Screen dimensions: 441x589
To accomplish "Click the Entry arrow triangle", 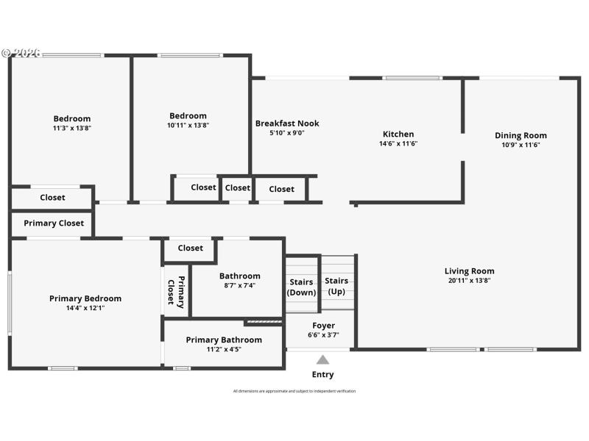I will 322,359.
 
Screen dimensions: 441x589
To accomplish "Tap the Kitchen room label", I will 398,135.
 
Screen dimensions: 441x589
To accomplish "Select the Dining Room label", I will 521,135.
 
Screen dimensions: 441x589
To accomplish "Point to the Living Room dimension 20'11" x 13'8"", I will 469,280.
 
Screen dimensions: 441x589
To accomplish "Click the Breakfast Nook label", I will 287,123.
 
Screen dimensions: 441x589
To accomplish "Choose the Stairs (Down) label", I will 301,287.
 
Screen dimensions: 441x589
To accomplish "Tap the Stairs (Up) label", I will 336,286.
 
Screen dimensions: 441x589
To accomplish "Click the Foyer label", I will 323,326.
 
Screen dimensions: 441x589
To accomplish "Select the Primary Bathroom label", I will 224,340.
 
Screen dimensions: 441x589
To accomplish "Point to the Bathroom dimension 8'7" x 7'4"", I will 239,286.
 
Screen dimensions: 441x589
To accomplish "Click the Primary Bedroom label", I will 85,298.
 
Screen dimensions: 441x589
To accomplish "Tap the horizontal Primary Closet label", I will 54,223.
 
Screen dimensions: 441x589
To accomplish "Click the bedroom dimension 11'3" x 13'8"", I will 72,128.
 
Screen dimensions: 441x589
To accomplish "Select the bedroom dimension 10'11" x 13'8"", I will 188,125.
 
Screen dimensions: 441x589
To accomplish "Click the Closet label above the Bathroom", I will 190,248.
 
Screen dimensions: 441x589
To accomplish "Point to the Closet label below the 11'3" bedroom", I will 52,197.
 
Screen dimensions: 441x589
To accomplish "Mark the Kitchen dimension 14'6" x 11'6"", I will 398,144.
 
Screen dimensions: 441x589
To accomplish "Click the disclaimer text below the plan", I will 294,391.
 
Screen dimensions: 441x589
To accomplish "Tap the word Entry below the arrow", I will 322,374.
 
